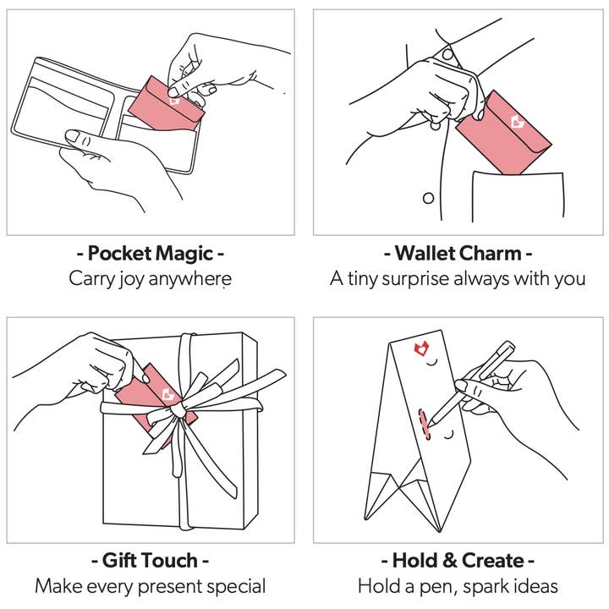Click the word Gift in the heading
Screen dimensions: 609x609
[122, 560]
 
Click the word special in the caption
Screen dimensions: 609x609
[237, 586]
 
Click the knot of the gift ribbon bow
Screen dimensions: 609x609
[175, 409]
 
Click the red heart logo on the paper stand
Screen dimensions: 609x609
[420, 348]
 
